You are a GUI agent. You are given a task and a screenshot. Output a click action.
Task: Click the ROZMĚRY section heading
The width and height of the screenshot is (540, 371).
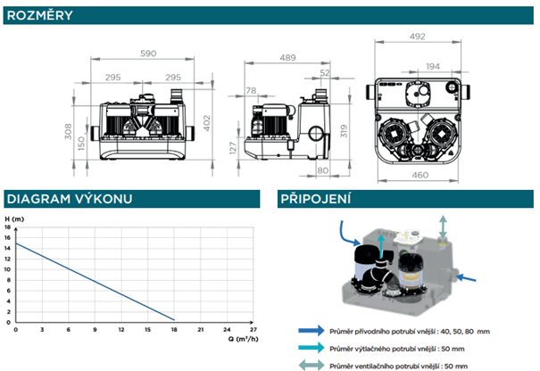pyautogui.click(x=36, y=15)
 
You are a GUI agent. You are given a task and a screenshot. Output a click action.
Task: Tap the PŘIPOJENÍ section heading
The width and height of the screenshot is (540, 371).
pyautogui.click(x=313, y=199)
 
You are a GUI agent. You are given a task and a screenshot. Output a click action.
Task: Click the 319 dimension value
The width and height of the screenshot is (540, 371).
pyautogui.click(x=343, y=134)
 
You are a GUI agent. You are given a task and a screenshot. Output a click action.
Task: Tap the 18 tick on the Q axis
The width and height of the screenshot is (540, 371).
pyautogui.click(x=173, y=328)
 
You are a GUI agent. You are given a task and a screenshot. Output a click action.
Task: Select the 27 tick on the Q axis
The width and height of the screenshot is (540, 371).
pyautogui.click(x=253, y=328)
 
